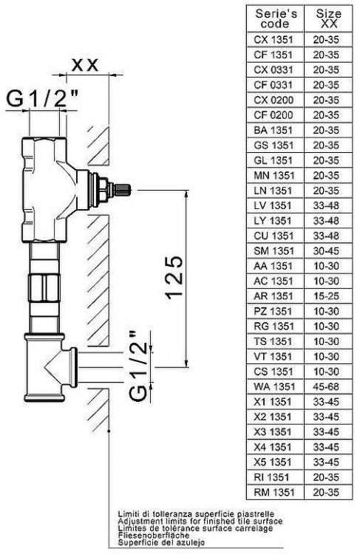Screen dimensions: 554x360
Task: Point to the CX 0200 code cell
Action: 274,99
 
